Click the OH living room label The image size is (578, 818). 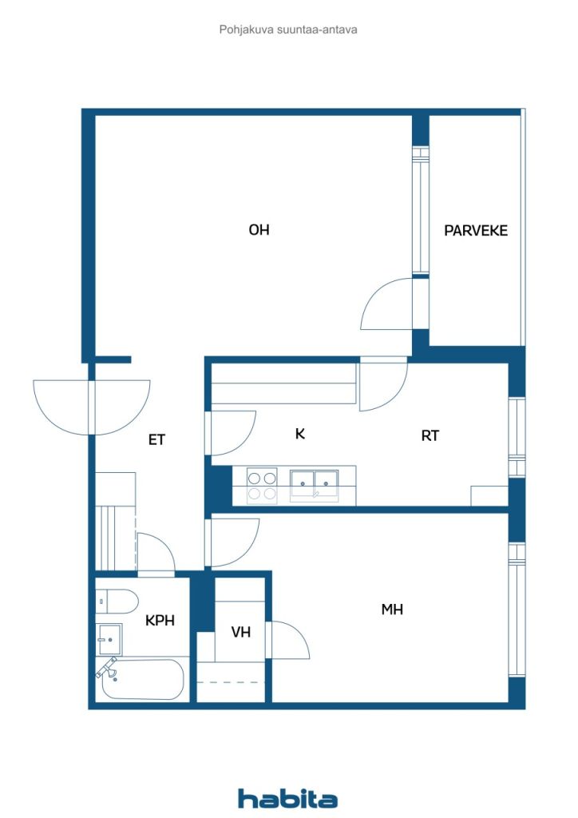coord(259,229)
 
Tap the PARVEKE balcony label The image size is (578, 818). coord(475,231)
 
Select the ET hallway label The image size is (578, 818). coord(156,440)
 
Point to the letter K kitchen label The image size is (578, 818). coord(299,434)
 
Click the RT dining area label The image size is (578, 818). coord(430,435)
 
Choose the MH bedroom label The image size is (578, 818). coord(392,609)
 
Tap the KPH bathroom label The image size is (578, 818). coord(160,620)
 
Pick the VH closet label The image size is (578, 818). coord(241,633)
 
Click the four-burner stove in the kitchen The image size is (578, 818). coord(262,485)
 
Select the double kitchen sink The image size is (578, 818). coord(315,485)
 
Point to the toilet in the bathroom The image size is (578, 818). coord(117,602)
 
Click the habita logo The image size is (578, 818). coord(287,798)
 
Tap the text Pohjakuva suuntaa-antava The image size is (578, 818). coord(288,30)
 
